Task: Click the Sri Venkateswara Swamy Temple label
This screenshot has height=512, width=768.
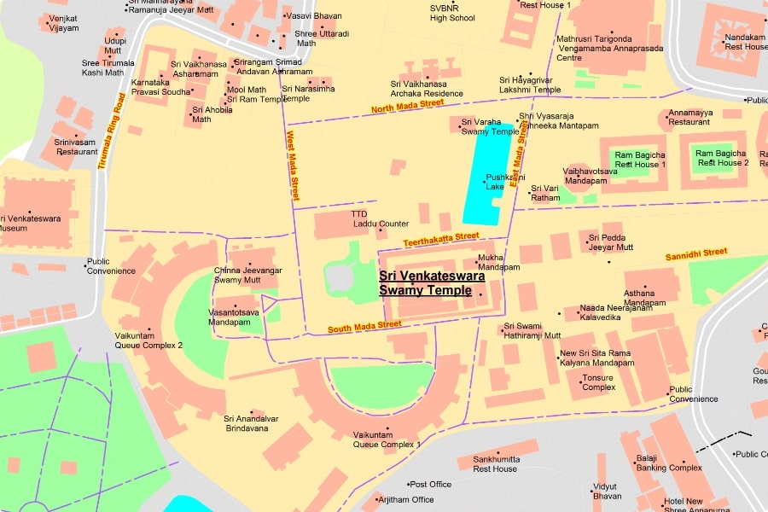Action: (432, 283)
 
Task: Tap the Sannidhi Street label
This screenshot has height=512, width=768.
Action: (696, 253)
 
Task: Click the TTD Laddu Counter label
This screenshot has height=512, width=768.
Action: (381, 219)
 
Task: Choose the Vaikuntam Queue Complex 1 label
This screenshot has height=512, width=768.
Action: (387, 439)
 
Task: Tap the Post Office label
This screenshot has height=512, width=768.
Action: (430, 485)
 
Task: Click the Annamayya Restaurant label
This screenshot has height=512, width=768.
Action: (689, 117)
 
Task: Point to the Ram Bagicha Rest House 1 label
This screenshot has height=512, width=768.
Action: (640, 159)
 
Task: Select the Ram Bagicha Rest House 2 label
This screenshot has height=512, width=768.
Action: (723, 158)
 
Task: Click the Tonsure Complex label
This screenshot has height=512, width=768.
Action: (598, 382)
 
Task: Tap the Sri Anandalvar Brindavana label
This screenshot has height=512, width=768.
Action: (246, 423)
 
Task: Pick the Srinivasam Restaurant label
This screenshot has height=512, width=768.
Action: (77, 147)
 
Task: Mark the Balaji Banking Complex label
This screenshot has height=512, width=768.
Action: (669, 463)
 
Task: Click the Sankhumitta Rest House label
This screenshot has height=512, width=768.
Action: (495, 464)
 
